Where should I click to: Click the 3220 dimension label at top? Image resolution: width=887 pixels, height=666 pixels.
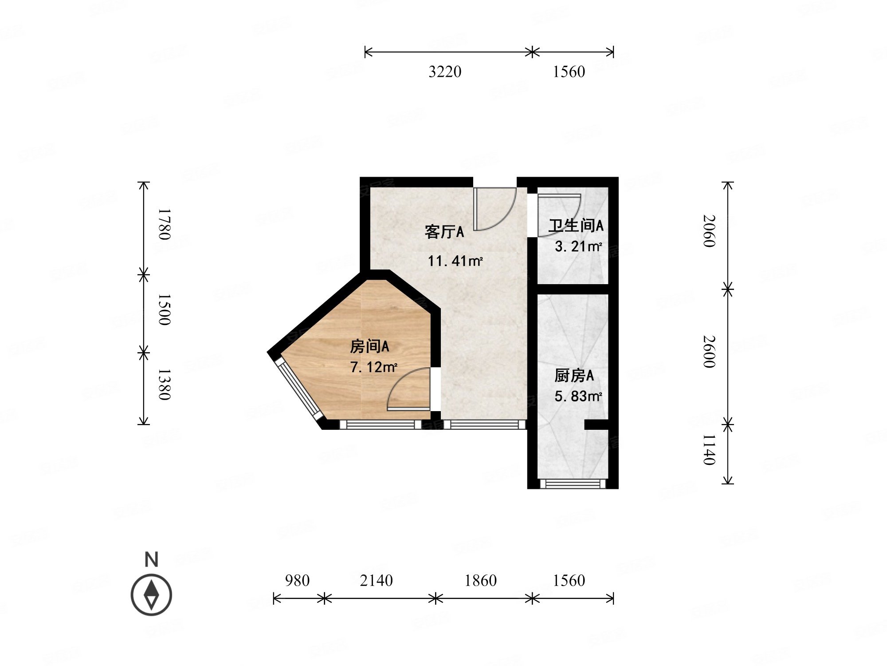pyautogui.click(x=445, y=71)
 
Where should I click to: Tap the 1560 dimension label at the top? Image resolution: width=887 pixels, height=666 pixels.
pyautogui.click(x=569, y=71)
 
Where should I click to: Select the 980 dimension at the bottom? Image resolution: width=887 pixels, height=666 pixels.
pyautogui.click(x=297, y=580)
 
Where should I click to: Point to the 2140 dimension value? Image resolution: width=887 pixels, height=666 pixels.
pyautogui.click(x=376, y=580)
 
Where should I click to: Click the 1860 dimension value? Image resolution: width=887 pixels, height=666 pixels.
pyautogui.click(x=480, y=580)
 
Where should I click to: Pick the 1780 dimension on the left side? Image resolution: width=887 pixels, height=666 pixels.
pyautogui.click(x=164, y=224)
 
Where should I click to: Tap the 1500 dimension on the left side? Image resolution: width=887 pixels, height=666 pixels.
pyautogui.click(x=164, y=309)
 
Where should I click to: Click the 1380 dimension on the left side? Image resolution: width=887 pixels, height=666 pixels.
pyautogui.click(x=164, y=385)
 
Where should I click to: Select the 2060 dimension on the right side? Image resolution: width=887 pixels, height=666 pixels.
pyautogui.click(x=709, y=231)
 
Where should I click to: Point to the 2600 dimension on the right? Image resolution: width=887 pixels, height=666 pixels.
pyautogui.click(x=709, y=352)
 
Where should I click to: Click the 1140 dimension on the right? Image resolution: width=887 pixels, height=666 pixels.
pyautogui.click(x=709, y=450)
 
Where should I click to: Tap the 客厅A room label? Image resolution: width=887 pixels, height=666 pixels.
pyautogui.click(x=444, y=232)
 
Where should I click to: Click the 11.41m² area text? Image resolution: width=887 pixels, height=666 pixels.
pyautogui.click(x=455, y=261)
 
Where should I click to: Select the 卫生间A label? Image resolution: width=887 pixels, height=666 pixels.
pyautogui.click(x=576, y=226)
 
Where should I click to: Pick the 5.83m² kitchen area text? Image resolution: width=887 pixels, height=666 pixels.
pyautogui.click(x=578, y=396)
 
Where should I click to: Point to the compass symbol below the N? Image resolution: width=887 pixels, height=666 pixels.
pyautogui.click(x=151, y=595)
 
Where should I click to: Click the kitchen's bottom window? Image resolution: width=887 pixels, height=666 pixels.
pyautogui.click(x=573, y=484)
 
